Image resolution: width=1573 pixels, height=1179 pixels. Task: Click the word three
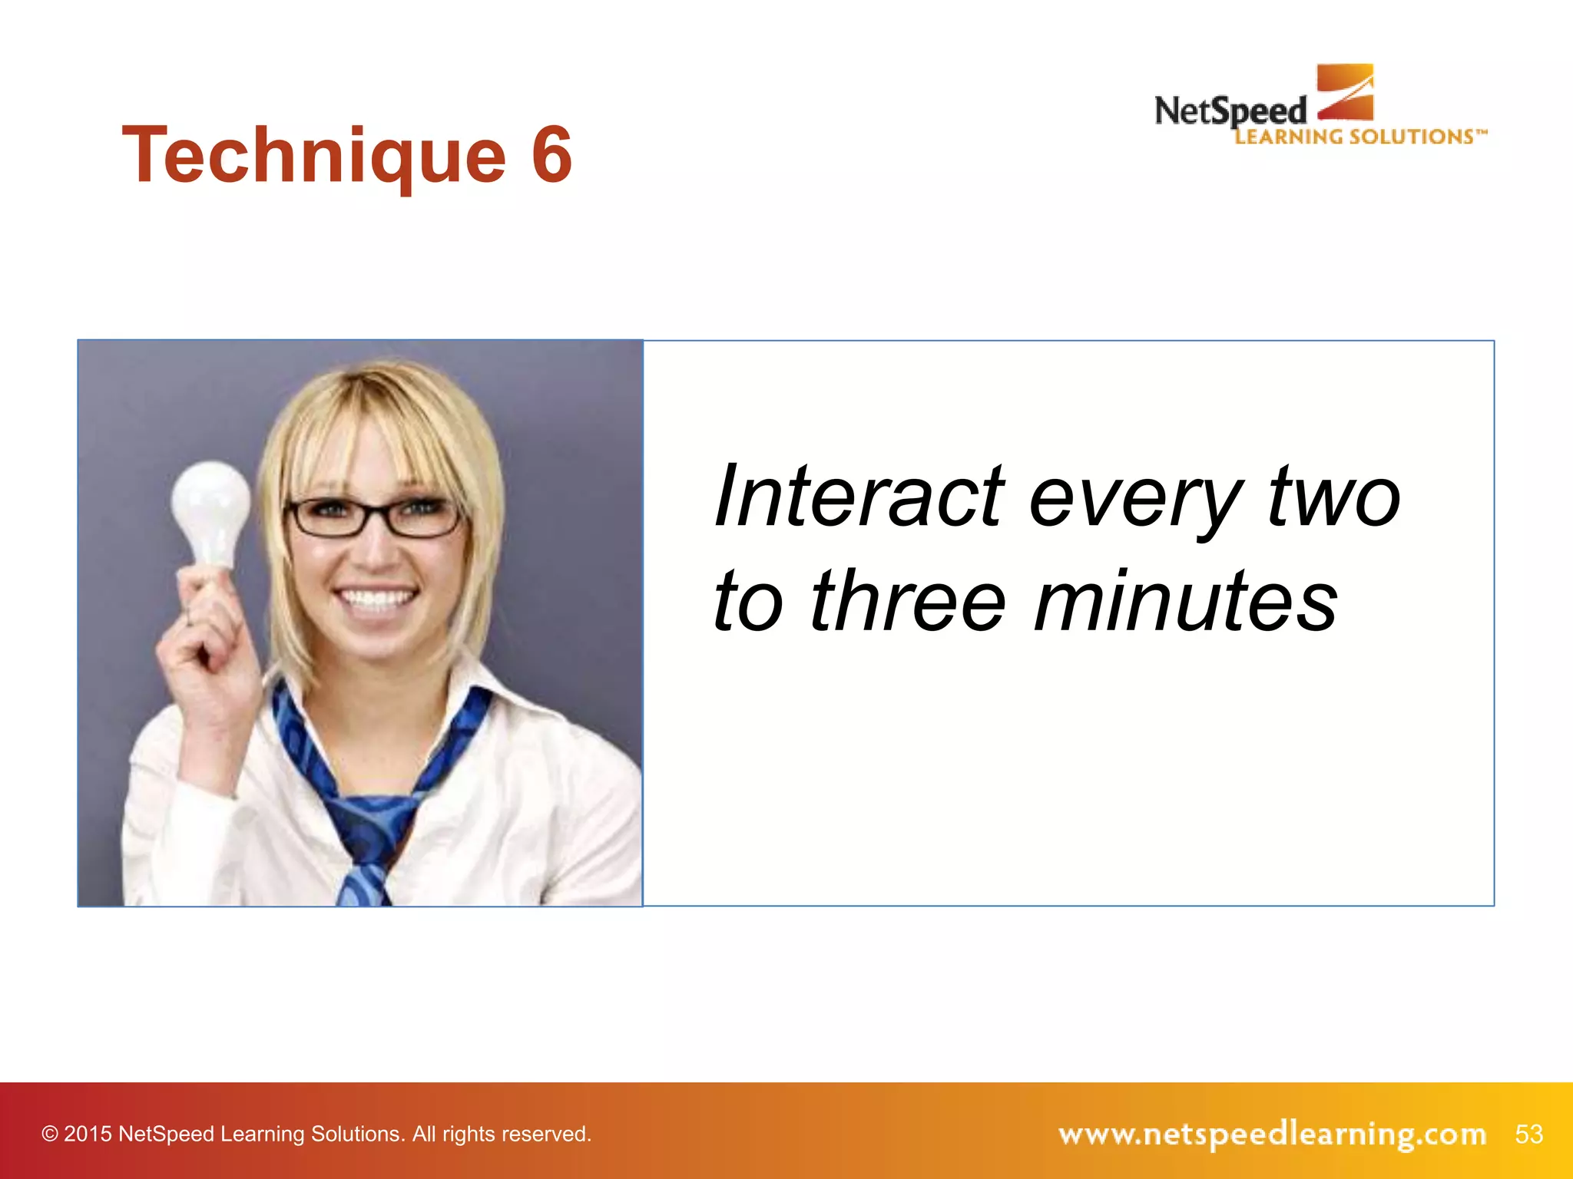click(908, 602)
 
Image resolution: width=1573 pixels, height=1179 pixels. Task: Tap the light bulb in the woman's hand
click(210, 510)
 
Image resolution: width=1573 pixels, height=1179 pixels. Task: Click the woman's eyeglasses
click(374, 517)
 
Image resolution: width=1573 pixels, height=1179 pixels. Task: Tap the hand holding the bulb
click(201, 629)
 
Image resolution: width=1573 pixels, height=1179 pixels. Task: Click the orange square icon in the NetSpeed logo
click(1345, 92)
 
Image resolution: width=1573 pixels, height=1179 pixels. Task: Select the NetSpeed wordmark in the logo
click(1230, 111)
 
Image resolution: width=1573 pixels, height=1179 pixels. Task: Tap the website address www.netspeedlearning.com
click(1272, 1134)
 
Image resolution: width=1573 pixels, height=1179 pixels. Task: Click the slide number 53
click(1528, 1134)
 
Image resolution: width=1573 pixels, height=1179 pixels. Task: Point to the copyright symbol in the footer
click(50, 1134)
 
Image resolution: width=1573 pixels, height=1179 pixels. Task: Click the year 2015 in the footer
click(88, 1134)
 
